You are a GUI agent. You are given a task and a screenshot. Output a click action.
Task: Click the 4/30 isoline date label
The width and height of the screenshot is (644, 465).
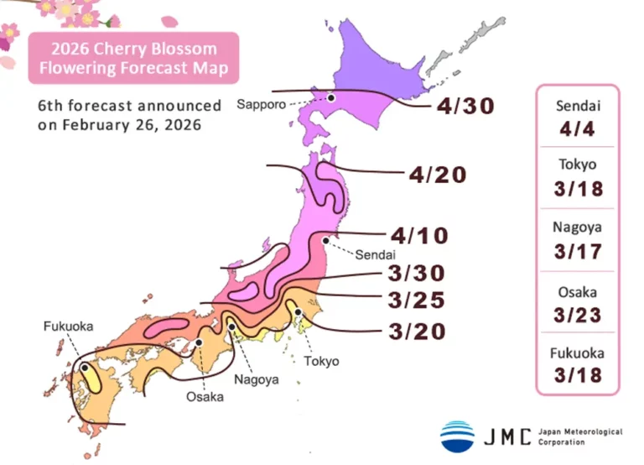tap(465, 106)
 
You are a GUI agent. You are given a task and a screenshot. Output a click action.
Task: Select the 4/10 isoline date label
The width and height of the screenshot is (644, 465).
tap(418, 235)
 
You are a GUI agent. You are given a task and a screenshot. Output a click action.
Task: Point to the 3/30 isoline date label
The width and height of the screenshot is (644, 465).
tap(416, 273)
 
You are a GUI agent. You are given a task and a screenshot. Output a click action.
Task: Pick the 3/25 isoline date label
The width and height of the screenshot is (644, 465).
tap(416, 300)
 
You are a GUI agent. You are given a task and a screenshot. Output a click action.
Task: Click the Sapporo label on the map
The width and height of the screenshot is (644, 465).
tap(261, 105)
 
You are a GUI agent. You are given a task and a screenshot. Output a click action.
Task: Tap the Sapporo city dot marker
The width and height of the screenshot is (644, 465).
tap(331, 98)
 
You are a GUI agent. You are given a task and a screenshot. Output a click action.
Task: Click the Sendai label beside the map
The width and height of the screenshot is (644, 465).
tap(374, 254)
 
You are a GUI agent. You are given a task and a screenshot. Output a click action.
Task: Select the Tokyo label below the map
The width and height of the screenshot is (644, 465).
tap(322, 361)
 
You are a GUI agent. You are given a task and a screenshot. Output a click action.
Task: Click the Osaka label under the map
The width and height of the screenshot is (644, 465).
tap(205, 396)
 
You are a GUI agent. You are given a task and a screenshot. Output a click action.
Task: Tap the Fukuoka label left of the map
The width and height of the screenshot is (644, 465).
tap(68, 326)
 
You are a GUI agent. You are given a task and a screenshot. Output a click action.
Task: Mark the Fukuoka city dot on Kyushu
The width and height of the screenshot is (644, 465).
tap(86, 367)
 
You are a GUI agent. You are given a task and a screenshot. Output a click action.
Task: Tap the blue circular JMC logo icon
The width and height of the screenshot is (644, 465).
tap(457, 436)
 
